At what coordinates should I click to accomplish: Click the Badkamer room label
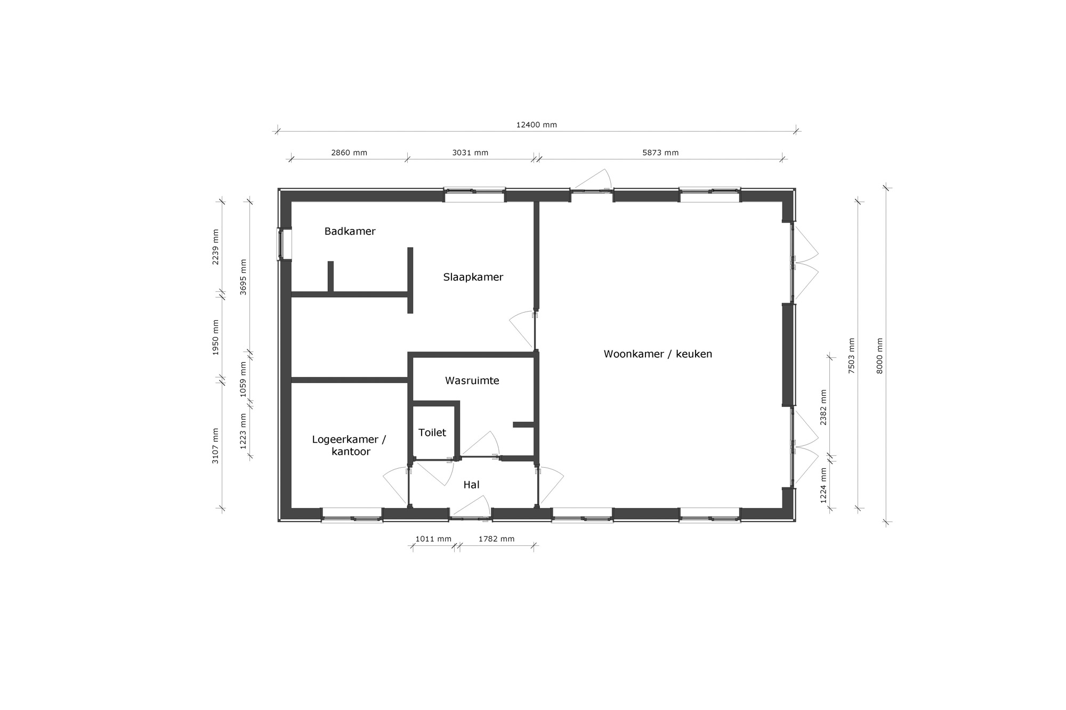pyautogui.click(x=350, y=231)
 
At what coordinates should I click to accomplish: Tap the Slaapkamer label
pyautogui.click(x=473, y=277)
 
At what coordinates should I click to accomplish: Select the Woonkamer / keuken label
pyautogui.click(x=658, y=354)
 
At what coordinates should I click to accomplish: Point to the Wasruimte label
pyautogui.click(x=472, y=380)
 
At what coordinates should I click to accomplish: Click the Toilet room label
pyautogui.click(x=432, y=432)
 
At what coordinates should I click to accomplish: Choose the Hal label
pyautogui.click(x=471, y=485)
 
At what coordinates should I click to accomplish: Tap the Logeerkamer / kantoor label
pyautogui.click(x=349, y=445)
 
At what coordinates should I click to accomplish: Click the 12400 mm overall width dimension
pyautogui.click(x=536, y=125)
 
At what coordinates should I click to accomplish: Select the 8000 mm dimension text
pyautogui.click(x=879, y=356)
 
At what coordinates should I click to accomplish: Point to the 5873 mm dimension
pyautogui.click(x=660, y=152)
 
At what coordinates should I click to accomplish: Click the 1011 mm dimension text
pyautogui.click(x=433, y=538)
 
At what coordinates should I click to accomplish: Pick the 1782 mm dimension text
pyautogui.click(x=496, y=538)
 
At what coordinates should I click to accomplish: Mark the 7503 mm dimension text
pyautogui.click(x=852, y=356)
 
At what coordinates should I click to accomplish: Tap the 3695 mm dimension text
pyautogui.click(x=243, y=277)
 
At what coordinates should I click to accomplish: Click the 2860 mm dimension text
pyautogui.click(x=349, y=152)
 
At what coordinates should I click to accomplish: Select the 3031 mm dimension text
pyautogui.click(x=470, y=152)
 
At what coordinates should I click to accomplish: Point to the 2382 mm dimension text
pyautogui.click(x=823, y=407)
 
